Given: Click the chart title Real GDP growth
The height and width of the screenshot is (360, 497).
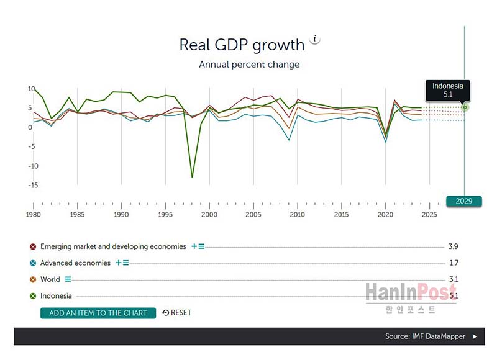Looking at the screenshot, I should pyautogui.click(x=242, y=45).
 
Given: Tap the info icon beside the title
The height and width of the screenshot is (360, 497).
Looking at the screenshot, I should pyautogui.click(x=315, y=39).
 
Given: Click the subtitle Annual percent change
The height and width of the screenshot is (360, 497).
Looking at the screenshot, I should pyautogui.click(x=249, y=65).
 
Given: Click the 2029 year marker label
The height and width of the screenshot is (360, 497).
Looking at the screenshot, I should pyautogui.click(x=464, y=201).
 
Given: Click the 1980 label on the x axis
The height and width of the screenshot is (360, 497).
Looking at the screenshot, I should pyautogui.click(x=34, y=215).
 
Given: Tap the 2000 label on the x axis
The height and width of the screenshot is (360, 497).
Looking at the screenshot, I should pyautogui.click(x=209, y=215).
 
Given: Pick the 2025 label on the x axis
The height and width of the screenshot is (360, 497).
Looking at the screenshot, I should pyautogui.click(x=429, y=215).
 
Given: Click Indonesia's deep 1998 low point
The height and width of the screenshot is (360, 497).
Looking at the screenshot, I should pyautogui.click(x=192, y=177).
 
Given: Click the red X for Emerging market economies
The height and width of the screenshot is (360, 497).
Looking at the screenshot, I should pyautogui.click(x=33, y=246).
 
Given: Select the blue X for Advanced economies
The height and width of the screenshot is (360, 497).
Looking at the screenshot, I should pyautogui.click(x=33, y=263).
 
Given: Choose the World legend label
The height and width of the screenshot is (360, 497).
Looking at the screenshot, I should pyautogui.click(x=50, y=279).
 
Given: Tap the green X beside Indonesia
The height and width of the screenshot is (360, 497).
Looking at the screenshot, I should pyautogui.click(x=33, y=296).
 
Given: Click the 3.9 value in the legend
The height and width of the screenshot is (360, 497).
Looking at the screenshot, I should pyautogui.click(x=453, y=246).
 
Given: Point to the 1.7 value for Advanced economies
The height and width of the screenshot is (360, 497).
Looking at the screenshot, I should pyautogui.click(x=453, y=263).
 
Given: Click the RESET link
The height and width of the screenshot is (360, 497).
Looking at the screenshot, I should pyautogui.click(x=177, y=313).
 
